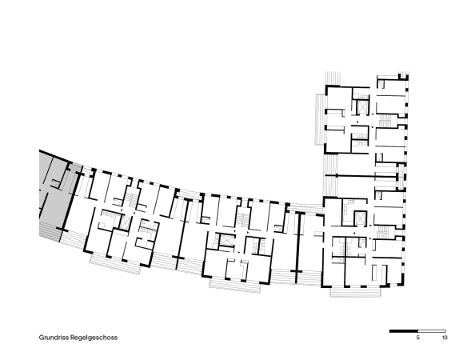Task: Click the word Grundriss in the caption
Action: click(54, 338)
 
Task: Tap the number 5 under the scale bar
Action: click(417, 338)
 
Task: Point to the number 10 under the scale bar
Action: click(445, 338)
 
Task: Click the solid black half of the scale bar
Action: click(403, 331)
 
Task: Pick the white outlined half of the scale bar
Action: click(432, 331)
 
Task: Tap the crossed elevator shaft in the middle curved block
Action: click(226, 240)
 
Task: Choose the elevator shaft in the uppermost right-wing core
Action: click(362, 107)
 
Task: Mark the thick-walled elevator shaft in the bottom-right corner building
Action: click(360, 218)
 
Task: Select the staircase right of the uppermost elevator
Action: click(385, 120)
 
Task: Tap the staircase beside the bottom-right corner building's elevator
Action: click(383, 232)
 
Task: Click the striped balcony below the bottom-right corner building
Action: click(355, 292)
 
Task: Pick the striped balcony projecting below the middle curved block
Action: click(235, 286)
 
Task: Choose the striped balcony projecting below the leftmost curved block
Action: click(116, 264)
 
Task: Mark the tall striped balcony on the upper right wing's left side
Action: click(320, 119)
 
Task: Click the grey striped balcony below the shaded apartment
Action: click(50, 231)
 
